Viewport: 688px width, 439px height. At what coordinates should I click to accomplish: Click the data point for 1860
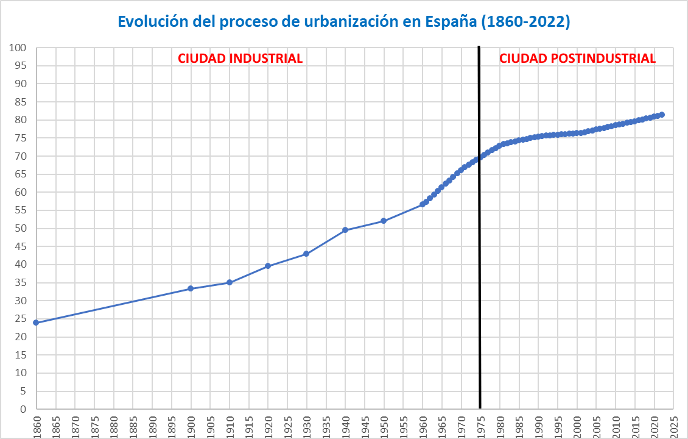point(37,322)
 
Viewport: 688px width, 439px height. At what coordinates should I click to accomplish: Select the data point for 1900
point(191,288)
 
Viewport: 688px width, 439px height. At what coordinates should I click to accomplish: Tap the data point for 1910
point(230,282)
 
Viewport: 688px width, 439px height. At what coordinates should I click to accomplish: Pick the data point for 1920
point(268,266)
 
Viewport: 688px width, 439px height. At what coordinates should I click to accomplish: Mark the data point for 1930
point(306,254)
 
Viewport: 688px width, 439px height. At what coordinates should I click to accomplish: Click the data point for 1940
point(345,230)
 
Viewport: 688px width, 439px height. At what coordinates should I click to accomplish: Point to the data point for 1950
point(384,221)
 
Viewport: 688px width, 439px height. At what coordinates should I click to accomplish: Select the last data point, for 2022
point(662,115)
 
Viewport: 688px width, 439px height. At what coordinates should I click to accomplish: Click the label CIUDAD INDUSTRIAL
point(240,59)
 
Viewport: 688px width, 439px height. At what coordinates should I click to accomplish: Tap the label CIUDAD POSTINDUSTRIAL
point(577,59)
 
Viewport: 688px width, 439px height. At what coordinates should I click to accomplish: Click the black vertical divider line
point(480,244)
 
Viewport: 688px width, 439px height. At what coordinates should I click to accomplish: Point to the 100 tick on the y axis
point(18,48)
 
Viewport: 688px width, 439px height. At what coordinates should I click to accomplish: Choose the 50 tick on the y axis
point(21,229)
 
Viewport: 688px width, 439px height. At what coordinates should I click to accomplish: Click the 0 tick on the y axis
point(24,409)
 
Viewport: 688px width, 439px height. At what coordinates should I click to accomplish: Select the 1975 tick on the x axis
point(480,425)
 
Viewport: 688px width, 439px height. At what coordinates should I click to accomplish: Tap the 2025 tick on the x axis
point(673,425)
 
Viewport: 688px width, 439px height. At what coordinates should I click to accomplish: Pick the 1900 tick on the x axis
point(191,425)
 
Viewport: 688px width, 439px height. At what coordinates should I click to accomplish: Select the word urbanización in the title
point(347,22)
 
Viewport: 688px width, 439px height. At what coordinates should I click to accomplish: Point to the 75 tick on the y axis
point(21,138)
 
